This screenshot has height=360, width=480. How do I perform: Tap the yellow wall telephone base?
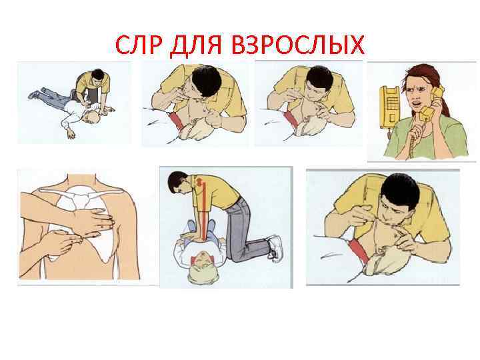tap(390, 107)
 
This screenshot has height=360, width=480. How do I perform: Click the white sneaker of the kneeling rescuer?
tap(275, 247)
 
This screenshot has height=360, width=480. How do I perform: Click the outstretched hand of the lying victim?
tap(71, 134)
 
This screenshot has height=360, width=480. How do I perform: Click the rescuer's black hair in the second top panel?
tap(206, 81)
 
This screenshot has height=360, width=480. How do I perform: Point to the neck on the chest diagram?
tap(82, 181)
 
